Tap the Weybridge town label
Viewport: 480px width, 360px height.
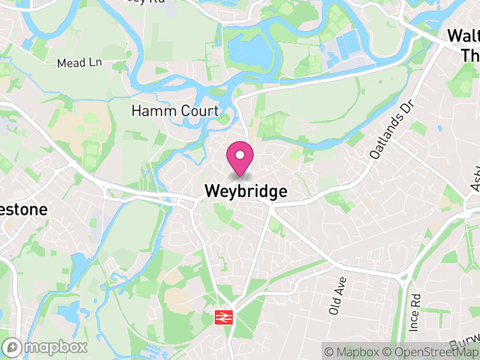tap(246, 191)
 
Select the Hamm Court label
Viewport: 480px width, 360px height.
tap(175, 111)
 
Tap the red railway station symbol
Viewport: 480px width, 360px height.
tap(224, 317)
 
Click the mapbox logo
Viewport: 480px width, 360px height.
tap(45, 347)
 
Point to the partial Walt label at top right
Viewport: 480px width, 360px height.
tap(464, 36)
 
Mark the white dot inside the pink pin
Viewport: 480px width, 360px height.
tap(240, 155)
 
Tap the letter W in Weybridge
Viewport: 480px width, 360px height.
tap(211, 191)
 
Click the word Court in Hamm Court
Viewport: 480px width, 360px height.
tap(202, 111)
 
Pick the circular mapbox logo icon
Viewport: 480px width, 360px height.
tap(11, 347)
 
